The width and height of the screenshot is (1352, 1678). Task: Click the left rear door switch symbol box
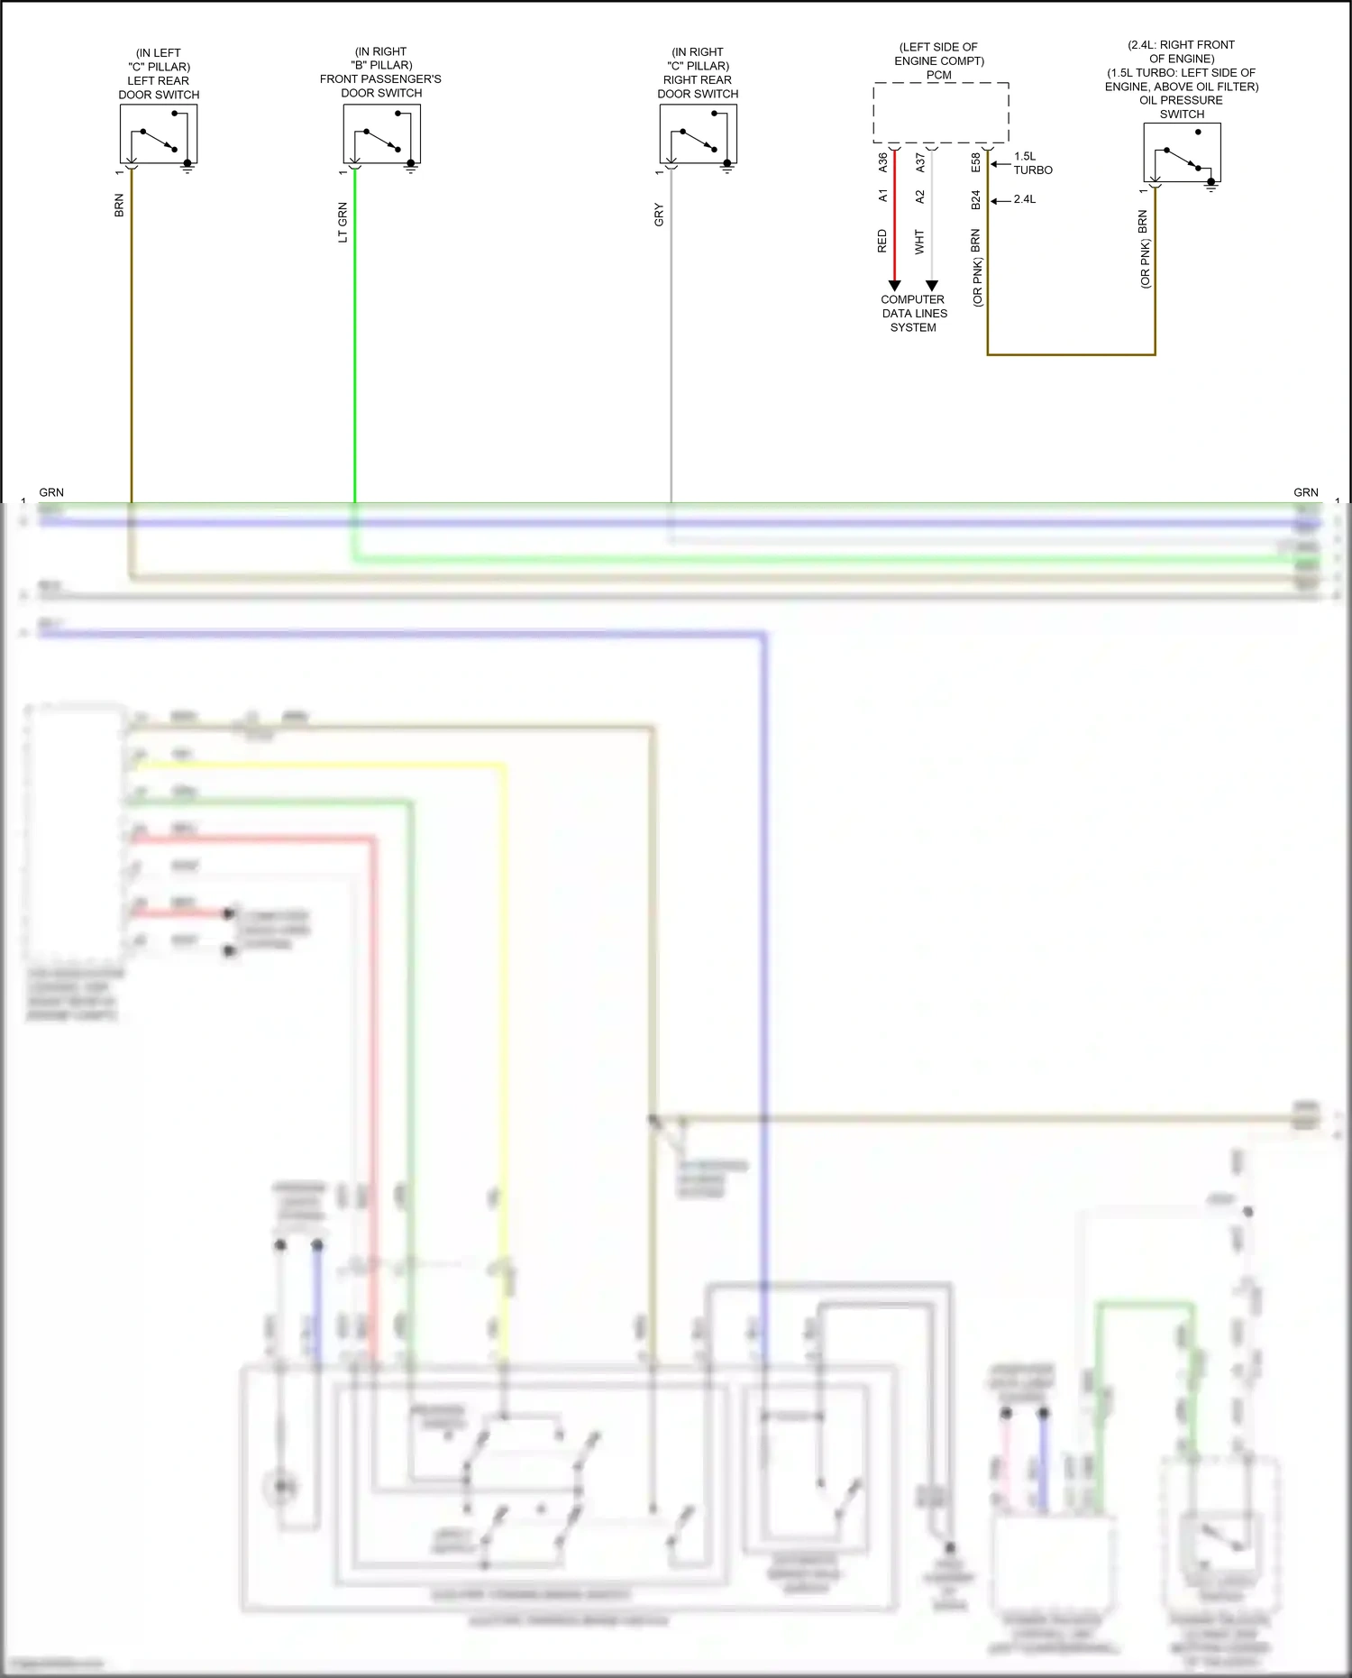point(159,133)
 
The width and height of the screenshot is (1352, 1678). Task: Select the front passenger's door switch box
point(381,133)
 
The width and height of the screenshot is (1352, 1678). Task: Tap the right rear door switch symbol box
point(698,133)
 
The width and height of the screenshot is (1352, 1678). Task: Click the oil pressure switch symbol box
point(1182,152)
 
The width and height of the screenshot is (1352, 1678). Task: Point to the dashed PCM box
point(940,113)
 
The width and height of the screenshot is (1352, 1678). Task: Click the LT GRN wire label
point(343,222)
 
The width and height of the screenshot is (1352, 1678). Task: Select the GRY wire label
point(659,215)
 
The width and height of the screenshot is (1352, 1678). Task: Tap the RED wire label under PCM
point(882,241)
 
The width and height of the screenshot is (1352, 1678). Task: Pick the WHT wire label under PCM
point(919,242)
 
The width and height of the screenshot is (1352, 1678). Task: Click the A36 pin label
point(882,162)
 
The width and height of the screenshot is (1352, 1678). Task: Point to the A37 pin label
point(919,162)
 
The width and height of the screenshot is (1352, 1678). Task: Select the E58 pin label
point(975,162)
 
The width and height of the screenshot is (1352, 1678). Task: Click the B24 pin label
point(975,199)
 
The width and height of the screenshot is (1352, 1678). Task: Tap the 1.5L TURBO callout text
point(1032,163)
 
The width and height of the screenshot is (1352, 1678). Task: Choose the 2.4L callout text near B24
point(1025,199)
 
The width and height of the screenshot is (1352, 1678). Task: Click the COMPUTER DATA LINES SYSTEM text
point(914,313)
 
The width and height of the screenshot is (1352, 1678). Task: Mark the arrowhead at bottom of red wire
point(894,285)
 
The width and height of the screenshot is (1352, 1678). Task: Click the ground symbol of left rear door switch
point(187,167)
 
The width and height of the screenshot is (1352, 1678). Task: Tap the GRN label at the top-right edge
point(1305,492)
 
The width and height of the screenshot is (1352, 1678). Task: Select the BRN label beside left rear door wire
point(119,206)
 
